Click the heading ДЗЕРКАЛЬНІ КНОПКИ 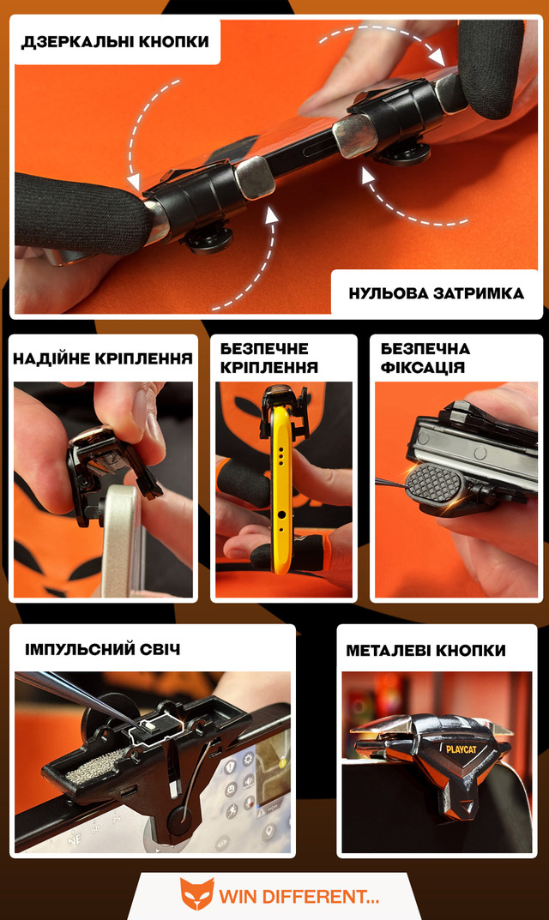(x=115, y=42)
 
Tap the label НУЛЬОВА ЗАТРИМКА (x=437, y=293)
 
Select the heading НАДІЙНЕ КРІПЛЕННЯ (x=103, y=358)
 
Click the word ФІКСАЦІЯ (x=423, y=368)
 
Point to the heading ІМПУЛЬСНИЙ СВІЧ (x=102, y=650)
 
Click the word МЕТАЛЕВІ (x=387, y=650)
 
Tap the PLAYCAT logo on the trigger (x=461, y=749)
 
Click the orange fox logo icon (x=196, y=894)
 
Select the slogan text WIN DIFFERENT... (x=299, y=897)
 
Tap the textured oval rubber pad (x=435, y=483)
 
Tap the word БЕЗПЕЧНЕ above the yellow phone (x=264, y=348)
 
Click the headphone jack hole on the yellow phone (x=282, y=515)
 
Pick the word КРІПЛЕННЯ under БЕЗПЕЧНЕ (x=268, y=367)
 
